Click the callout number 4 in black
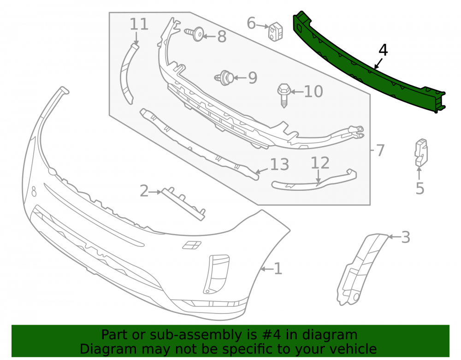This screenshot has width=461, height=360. pos(383,50)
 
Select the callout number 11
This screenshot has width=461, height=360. pos(139,24)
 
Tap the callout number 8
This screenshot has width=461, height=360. pos(222,37)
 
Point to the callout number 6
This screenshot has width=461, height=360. pos(251,23)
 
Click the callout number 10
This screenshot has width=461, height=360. pos(313,92)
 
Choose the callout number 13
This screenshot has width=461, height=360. pos(279,165)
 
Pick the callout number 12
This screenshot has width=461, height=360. pos(320,163)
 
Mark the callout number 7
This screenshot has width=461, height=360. pos(380,150)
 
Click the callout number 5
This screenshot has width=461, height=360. pos(420,189)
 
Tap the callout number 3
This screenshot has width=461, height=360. pos(406,237)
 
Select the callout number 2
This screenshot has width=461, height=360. pos(144,191)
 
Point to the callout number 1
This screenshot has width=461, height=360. pos(278,269)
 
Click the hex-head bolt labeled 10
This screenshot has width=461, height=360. pos(284,95)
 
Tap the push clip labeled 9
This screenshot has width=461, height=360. pos(225,78)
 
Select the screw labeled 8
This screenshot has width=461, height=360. pos(195,34)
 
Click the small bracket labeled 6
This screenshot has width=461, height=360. pos(276,31)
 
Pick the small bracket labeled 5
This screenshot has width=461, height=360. pos(421,153)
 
